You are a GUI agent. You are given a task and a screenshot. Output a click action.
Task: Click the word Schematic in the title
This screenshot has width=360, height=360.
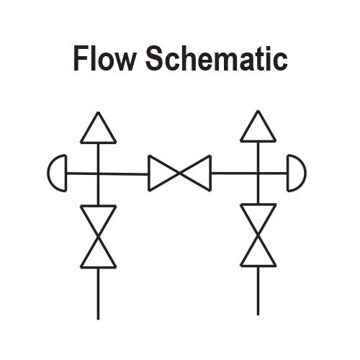pyautogui.click(x=216, y=58)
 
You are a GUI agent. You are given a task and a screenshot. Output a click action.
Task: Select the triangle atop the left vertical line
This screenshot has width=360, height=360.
pyautogui.click(x=98, y=130)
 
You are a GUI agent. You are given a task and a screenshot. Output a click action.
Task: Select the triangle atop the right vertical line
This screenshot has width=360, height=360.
pyautogui.click(x=258, y=128)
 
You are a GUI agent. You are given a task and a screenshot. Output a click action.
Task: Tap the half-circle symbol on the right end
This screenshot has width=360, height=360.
pyautogui.click(x=295, y=173)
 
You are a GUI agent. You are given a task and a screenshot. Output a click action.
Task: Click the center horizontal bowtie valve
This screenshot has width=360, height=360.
pyautogui.click(x=179, y=173)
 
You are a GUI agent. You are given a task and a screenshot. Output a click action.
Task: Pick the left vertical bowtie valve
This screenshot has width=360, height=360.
pyautogui.click(x=98, y=236)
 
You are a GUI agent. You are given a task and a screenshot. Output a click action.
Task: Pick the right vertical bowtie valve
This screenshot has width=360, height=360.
pyautogui.click(x=258, y=235)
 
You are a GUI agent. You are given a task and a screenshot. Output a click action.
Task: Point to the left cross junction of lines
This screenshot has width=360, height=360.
pyautogui.click(x=98, y=173)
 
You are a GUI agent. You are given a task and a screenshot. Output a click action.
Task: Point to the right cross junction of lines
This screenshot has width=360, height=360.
pyautogui.click(x=258, y=173)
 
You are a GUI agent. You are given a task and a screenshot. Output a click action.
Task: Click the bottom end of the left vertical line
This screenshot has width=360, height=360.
pyautogui.click(x=98, y=317)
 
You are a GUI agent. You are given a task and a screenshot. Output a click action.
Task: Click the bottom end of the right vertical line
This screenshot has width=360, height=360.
pyautogui.click(x=258, y=313)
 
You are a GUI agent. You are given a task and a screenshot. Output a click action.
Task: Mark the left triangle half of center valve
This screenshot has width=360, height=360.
pyautogui.click(x=161, y=173)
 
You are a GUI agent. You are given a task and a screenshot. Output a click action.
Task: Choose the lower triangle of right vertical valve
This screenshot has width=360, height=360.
pyautogui.click(x=258, y=253)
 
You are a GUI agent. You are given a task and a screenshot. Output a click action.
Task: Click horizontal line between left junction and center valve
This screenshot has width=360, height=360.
pyautogui.click(x=124, y=174)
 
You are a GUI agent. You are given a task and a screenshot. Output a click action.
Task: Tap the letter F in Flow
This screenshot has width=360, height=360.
pyautogui.click(x=81, y=58)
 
